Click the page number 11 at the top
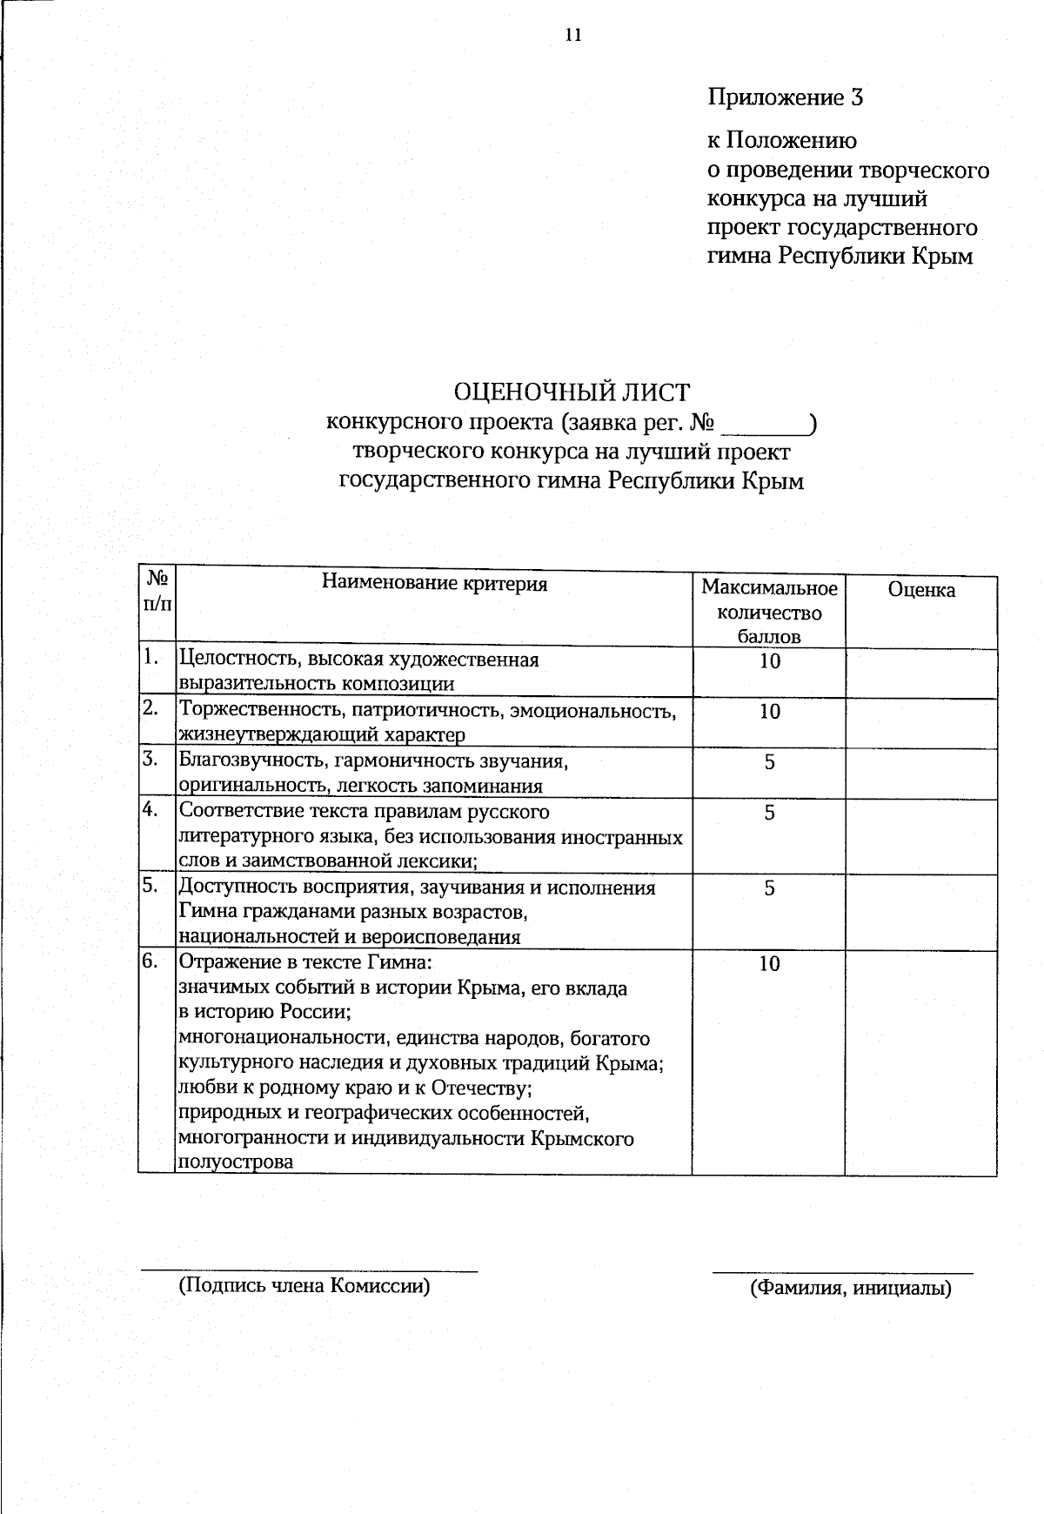click(572, 35)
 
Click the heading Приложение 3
click(785, 97)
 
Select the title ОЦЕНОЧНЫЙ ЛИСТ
click(572, 393)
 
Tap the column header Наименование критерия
click(434, 583)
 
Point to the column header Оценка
click(920, 590)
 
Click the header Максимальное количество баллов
click(769, 612)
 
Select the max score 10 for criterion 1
click(769, 661)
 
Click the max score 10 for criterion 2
click(769, 712)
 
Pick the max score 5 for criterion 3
click(769, 762)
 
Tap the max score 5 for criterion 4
click(769, 813)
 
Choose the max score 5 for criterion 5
click(769, 888)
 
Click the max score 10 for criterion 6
click(769, 964)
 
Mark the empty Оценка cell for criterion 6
click(920, 1062)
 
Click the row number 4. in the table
click(151, 810)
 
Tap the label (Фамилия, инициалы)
click(850, 1288)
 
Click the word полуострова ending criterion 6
click(236, 1162)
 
